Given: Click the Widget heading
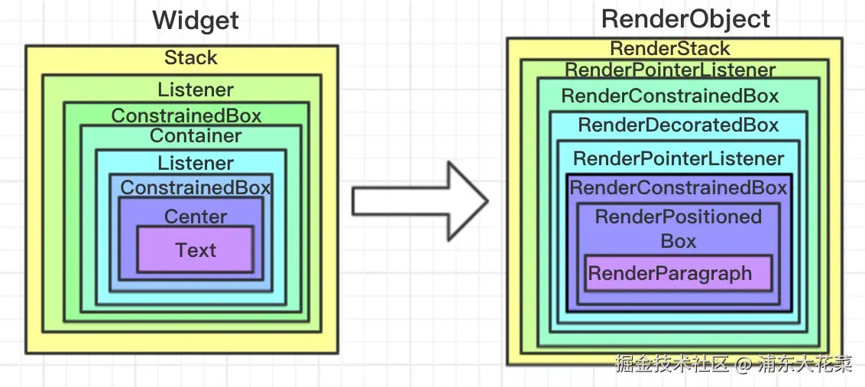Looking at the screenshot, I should (196, 21).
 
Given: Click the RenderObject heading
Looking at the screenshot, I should (685, 19).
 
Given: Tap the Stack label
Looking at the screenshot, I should (191, 58).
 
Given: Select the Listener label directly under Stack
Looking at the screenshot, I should (196, 89).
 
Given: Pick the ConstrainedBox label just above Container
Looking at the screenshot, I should (186, 115).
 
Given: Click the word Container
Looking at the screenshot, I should (196, 136).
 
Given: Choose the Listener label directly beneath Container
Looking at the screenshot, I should (196, 163).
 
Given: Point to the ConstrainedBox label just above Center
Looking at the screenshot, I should (196, 187).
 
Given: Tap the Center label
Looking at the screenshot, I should (196, 216).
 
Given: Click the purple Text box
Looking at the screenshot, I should (196, 250).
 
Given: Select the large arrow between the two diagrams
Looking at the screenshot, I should (420, 200).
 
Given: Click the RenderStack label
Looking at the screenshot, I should (670, 48).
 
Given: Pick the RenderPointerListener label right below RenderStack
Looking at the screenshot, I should (670, 70).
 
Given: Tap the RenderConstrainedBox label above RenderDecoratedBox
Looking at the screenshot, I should (670, 96).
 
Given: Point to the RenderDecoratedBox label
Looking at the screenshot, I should (679, 125).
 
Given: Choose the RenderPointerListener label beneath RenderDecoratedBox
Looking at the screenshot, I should (679, 158).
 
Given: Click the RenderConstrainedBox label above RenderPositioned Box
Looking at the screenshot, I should (679, 187).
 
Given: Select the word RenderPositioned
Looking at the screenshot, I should (679, 216).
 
